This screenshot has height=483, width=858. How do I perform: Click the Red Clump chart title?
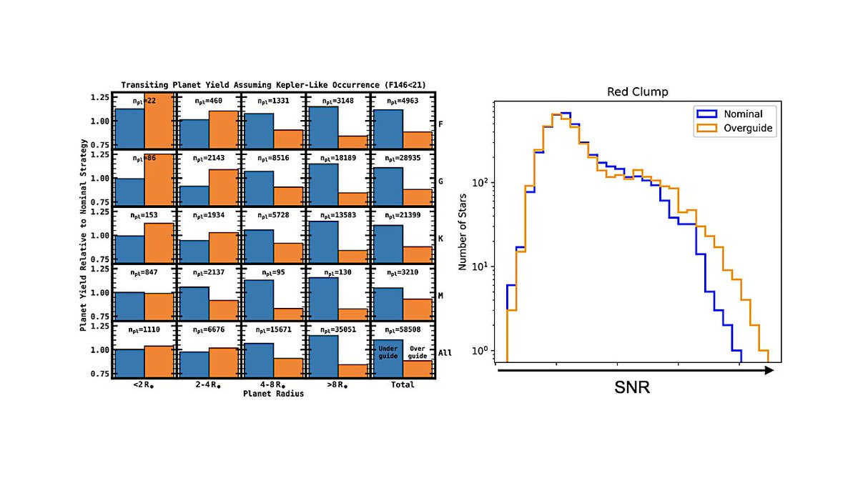pyautogui.click(x=637, y=92)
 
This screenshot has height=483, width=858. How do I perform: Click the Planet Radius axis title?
pyautogui.click(x=272, y=393)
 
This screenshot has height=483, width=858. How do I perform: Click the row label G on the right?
pyautogui.click(x=441, y=181)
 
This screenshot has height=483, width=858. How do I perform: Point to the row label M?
pyautogui.click(x=441, y=296)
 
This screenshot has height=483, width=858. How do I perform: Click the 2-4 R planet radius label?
pyautogui.click(x=208, y=385)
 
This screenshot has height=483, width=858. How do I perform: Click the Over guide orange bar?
pyautogui.click(x=418, y=367)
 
